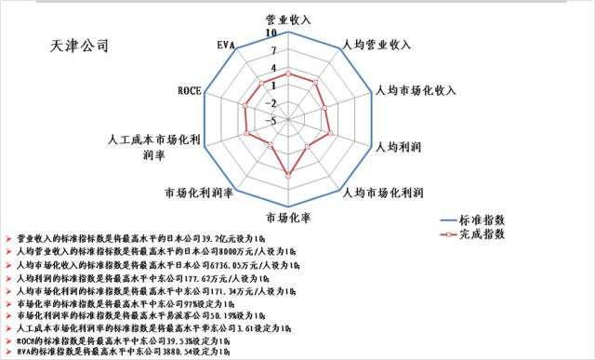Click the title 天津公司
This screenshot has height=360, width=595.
[82, 45]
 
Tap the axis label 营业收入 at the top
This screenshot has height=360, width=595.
[288, 19]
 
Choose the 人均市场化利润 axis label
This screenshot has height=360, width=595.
[383, 193]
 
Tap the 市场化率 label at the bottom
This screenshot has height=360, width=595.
[288, 219]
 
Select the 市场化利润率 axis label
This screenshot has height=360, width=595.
[197, 193]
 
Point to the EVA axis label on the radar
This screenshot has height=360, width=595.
[225, 45]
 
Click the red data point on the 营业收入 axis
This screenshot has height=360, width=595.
[288, 73]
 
